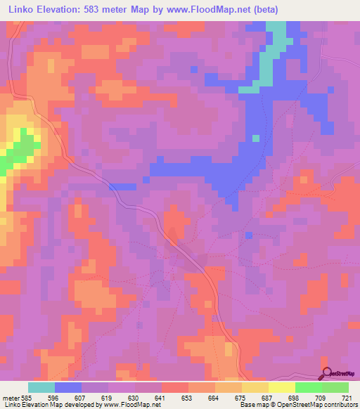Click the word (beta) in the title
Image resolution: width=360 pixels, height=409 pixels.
266,10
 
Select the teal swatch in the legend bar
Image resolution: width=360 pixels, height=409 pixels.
41,387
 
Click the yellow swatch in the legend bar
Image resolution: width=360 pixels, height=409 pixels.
281,387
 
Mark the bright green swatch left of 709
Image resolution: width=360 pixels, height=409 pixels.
308,387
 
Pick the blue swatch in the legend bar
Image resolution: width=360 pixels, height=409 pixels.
67,387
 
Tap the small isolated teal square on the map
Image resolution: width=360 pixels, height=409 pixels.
255,138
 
